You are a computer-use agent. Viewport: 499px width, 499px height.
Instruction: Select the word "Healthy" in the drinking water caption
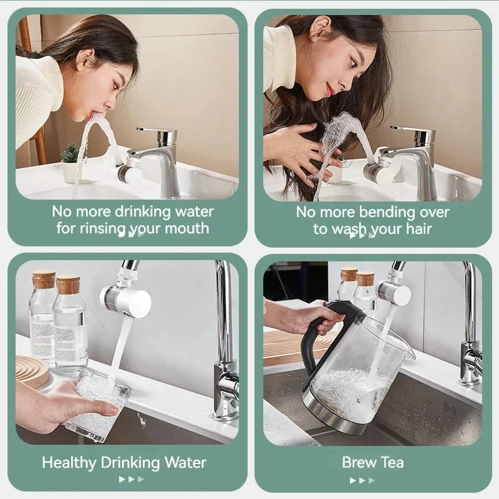pyautogui.click(x=69, y=463)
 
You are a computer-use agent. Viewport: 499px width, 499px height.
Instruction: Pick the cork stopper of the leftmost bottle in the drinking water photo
pyautogui.click(x=44, y=279)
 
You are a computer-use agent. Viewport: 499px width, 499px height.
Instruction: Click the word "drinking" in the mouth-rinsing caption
pyautogui.click(x=143, y=212)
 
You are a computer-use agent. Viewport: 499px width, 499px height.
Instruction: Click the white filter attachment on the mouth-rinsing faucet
pyautogui.click(x=130, y=173)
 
